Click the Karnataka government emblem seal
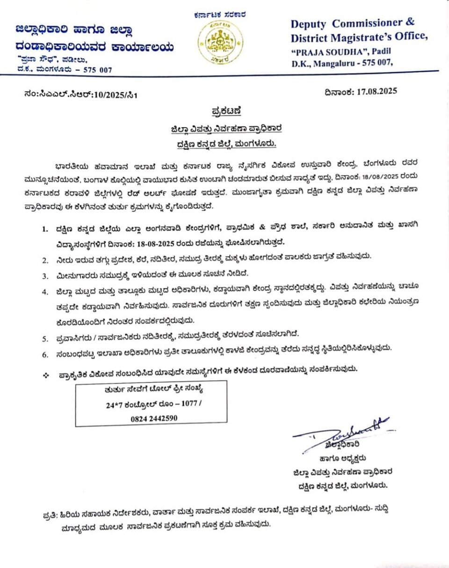tap(219, 43)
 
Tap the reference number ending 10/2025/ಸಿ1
tap(112, 94)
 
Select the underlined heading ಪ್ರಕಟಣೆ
tap(224, 111)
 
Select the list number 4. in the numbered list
tap(45, 292)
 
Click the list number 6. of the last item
tap(45, 354)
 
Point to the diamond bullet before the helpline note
tap(46, 375)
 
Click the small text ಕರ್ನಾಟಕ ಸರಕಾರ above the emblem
tap(219, 15)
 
